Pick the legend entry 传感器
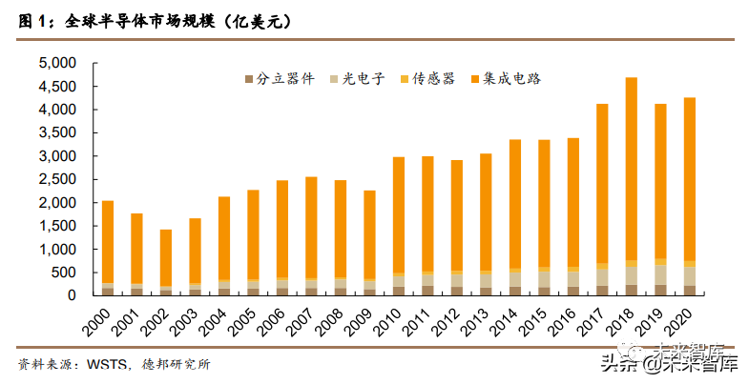pos(430,79)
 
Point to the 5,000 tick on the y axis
pos(56,63)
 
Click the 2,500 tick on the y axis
pos(56,179)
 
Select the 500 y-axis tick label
pos(62,273)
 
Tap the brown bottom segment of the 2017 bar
pos(602,290)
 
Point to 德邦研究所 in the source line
pos(177,365)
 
